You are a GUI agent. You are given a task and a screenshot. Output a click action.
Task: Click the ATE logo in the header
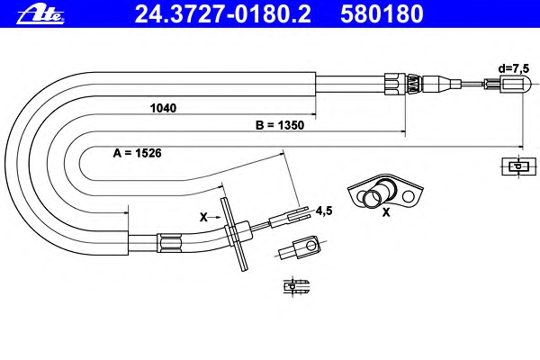(x=40, y=14)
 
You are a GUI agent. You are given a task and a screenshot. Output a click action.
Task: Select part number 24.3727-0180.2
(x=223, y=14)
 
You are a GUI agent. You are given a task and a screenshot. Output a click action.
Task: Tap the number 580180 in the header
(x=382, y=14)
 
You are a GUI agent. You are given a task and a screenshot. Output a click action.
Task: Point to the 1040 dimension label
(x=163, y=108)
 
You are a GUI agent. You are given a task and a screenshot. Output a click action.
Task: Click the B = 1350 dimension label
(x=280, y=125)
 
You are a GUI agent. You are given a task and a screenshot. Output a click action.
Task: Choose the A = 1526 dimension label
(x=137, y=153)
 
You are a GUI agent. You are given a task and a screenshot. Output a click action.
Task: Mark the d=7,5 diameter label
(x=514, y=68)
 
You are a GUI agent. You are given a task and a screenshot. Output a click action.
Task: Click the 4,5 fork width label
(x=324, y=211)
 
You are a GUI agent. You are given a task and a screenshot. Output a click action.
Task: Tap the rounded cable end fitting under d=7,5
(x=508, y=85)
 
